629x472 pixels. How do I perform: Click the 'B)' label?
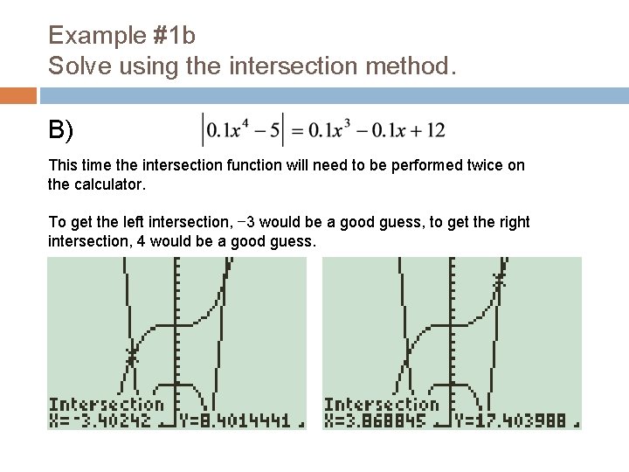click(x=61, y=131)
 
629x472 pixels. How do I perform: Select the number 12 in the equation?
click(x=434, y=131)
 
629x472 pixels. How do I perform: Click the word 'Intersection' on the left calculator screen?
click(x=106, y=405)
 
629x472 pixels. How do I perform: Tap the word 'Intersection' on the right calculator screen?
click(x=381, y=405)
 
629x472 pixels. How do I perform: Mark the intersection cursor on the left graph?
click(x=132, y=356)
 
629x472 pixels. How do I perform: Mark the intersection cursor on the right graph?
click(x=499, y=281)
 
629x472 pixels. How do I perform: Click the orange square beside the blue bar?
click(x=18, y=95)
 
